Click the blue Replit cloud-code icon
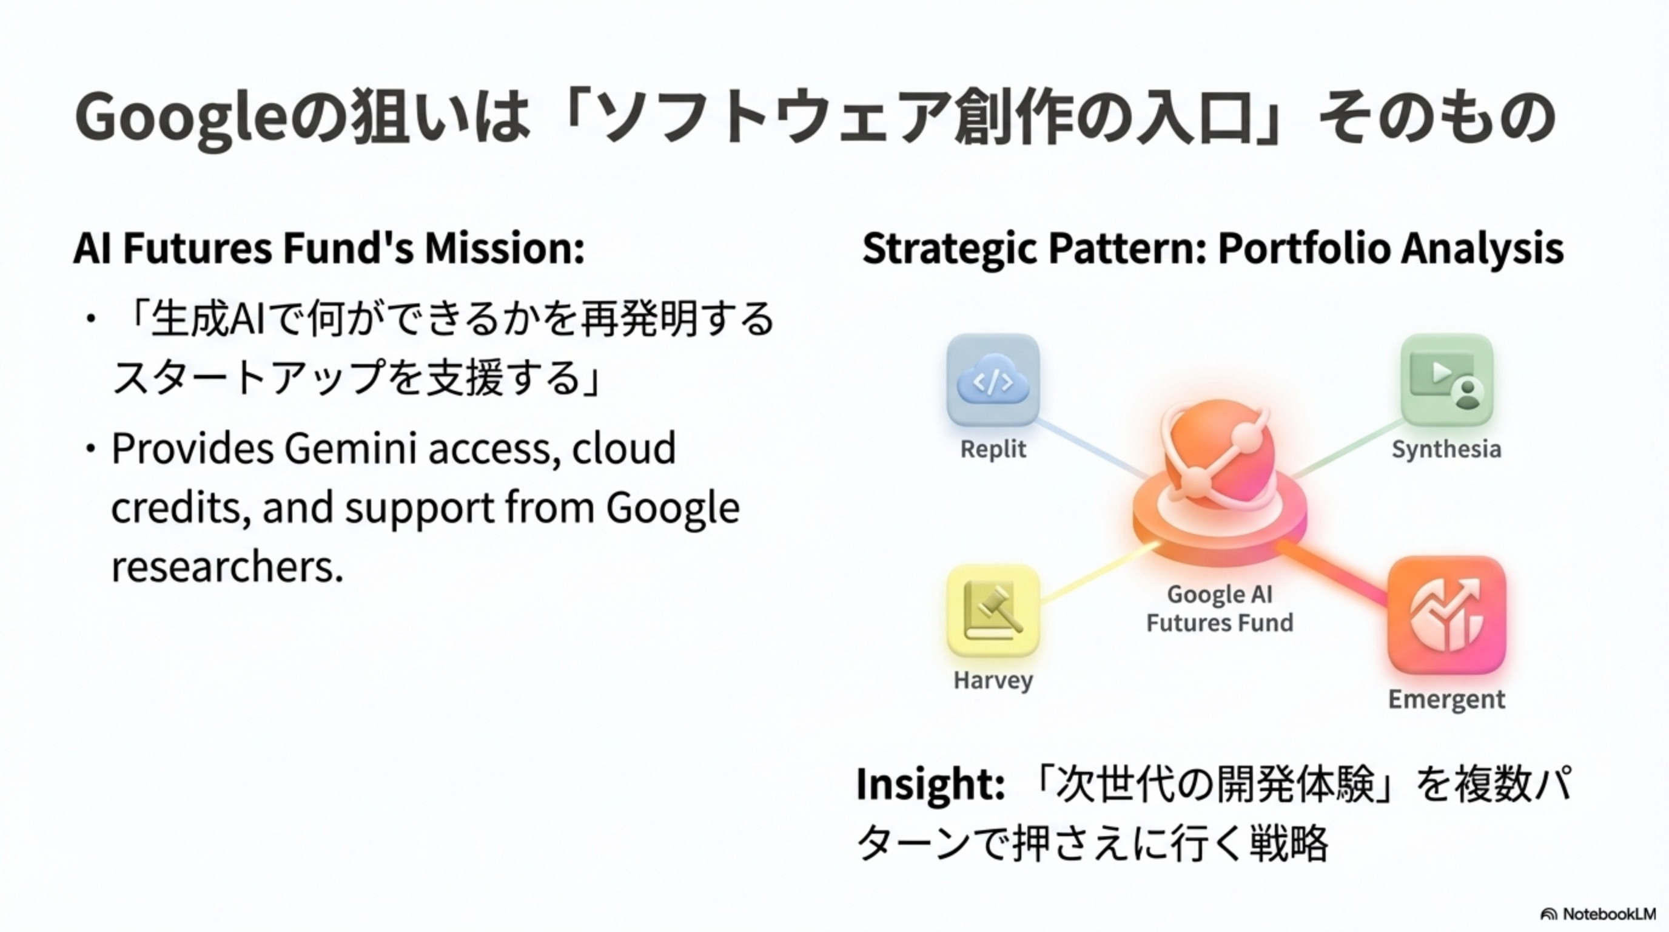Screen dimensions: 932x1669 tap(993, 381)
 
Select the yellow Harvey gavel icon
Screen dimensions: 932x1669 tap(993, 610)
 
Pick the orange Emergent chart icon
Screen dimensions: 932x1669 tap(1446, 615)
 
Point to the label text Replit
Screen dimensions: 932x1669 tap(993, 449)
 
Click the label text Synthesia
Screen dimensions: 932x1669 tap(1446, 449)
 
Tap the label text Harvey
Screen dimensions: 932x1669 tap(993, 680)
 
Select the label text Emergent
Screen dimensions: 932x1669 tap(1446, 700)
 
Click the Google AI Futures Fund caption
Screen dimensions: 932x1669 tap(1220, 609)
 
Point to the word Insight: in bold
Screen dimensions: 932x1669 tap(930, 784)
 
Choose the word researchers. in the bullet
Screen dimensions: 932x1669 tap(227, 566)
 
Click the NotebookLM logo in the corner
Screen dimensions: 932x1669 tap(1597, 914)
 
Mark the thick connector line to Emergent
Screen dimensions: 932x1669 tap(1335, 573)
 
